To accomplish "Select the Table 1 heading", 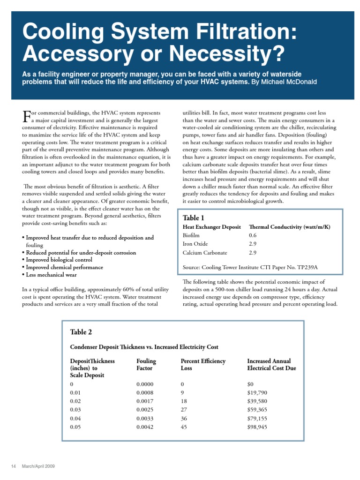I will pyautogui.click(x=193, y=218).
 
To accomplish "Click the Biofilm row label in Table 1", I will pyautogui.click(x=191, y=235).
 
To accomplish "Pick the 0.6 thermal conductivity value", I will pyautogui.click(x=253, y=235).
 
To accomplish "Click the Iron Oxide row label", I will pyautogui.click(x=195, y=244).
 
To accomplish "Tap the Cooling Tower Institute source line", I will pyautogui.click(x=250, y=268).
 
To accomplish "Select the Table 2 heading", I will pyautogui.click(x=81, y=332).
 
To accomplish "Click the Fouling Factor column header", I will pyautogui.click(x=146, y=365).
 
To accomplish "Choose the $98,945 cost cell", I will pyautogui.click(x=257, y=427).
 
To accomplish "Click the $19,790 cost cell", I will pyautogui.click(x=257, y=393).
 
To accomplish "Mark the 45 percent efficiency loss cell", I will pyautogui.click(x=184, y=427).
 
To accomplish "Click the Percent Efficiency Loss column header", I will pyautogui.click(x=203, y=365).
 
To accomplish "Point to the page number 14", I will pyautogui.click(x=14, y=466).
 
